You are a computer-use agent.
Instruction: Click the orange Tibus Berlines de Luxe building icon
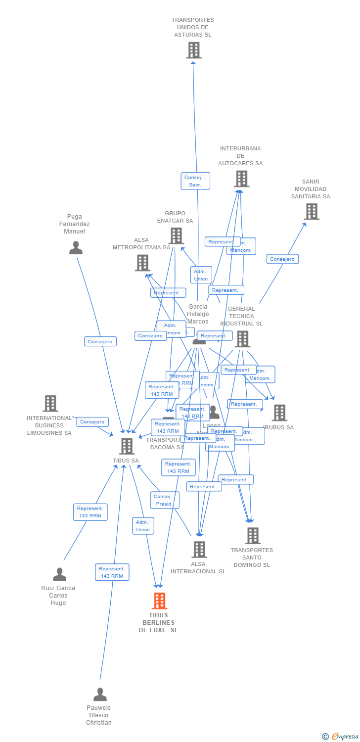(x=159, y=601)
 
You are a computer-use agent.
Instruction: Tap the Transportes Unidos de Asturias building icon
(x=193, y=50)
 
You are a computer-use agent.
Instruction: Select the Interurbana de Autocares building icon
(x=241, y=179)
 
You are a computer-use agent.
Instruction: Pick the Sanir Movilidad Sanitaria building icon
(x=311, y=212)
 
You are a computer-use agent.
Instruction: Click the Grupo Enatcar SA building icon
(x=177, y=236)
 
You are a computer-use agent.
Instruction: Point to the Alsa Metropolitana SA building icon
(x=142, y=263)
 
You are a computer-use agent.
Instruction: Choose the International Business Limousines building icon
(x=50, y=404)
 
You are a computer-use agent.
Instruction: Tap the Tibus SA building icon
(x=127, y=446)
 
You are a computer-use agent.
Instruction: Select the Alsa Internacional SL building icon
(x=199, y=549)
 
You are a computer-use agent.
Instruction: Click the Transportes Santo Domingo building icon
(x=253, y=535)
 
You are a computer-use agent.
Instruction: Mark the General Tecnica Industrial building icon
(x=242, y=339)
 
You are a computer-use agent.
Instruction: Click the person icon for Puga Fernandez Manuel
(x=76, y=248)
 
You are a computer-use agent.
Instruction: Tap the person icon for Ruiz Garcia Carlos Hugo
(x=59, y=574)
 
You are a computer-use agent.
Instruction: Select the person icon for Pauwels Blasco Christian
(x=100, y=694)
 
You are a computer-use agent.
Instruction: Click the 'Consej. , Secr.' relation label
(x=195, y=181)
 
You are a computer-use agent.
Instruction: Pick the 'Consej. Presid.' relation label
(x=164, y=500)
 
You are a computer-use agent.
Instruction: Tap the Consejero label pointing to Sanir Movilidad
(x=282, y=259)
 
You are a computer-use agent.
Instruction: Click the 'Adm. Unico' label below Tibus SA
(x=143, y=526)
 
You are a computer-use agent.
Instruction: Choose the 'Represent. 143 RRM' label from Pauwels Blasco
(x=112, y=572)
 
